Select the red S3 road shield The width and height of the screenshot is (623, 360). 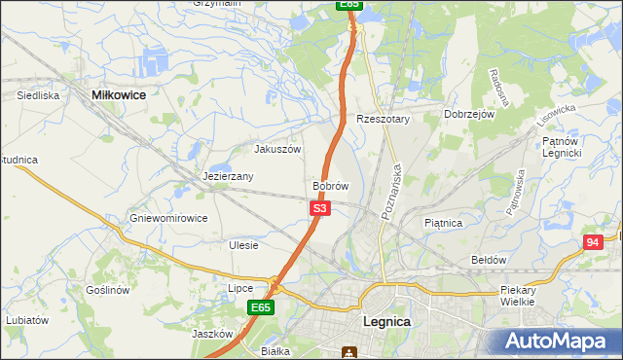point(321,208)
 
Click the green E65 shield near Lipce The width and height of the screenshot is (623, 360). point(259,307)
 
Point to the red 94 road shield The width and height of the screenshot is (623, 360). point(592,243)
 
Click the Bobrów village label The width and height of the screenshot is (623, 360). point(331,186)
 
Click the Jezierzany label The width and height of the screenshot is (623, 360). point(229,177)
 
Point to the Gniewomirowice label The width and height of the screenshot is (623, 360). point(168,218)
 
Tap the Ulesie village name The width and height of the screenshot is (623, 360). point(243,245)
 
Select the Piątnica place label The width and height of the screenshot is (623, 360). point(444,223)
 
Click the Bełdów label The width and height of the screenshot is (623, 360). point(489,260)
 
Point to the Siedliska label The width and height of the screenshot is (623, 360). point(39,96)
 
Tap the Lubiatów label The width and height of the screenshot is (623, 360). point(26,319)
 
